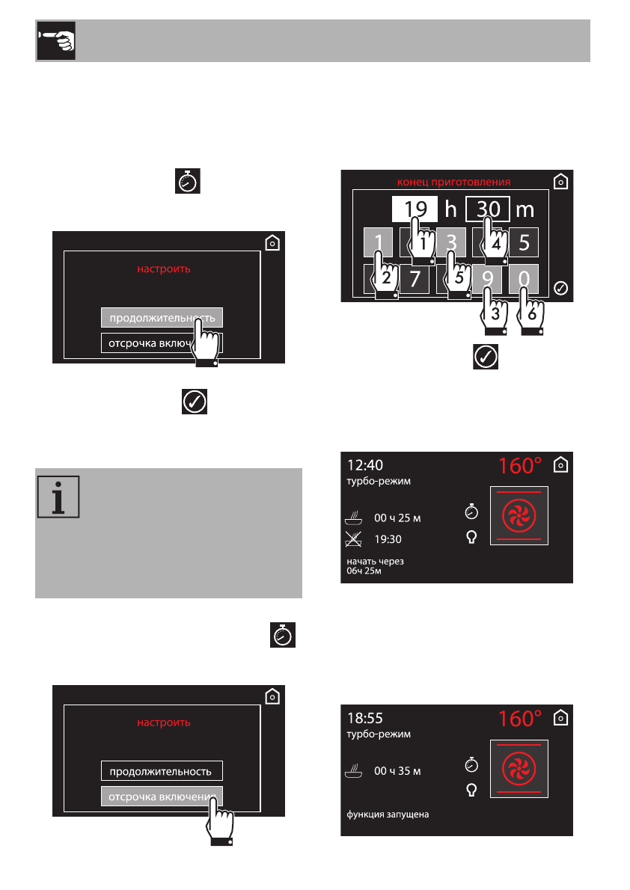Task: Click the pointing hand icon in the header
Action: click(55, 41)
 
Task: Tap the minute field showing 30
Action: click(488, 208)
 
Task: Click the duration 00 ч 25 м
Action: click(397, 518)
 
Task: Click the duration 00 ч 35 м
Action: click(397, 770)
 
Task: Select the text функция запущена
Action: click(388, 814)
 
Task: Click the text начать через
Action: click(375, 561)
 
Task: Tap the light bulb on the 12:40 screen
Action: click(471, 537)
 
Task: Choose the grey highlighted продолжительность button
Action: click(162, 318)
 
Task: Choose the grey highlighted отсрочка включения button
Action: click(162, 797)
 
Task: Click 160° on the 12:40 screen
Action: click(520, 466)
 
